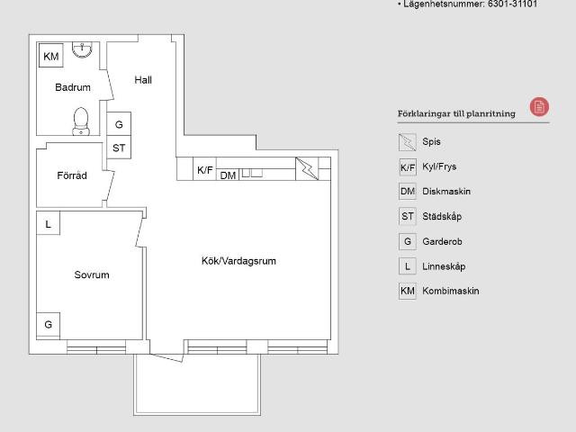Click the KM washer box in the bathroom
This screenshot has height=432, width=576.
[x=51, y=55]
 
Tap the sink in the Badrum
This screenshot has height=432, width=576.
[x=82, y=49]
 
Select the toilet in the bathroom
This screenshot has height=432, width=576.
[x=81, y=121]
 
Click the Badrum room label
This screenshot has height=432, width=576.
[x=73, y=87]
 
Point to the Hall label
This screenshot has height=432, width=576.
[x=143, y=80]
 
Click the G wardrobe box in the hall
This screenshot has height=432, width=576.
[x=119, y=124]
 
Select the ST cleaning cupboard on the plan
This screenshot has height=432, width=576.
[x=119, y=148]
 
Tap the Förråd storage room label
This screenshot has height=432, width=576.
[x=72, y=175]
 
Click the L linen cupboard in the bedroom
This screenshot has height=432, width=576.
[x=48, y=223]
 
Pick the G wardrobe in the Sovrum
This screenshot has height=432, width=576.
[x=48, y=324]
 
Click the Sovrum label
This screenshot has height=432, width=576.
[x=92, y=274]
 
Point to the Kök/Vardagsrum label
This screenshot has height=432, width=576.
[x=238, y=261]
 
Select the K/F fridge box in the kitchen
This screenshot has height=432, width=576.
[x=204, y=169]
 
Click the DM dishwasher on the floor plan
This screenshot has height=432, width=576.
[x=228, y=175]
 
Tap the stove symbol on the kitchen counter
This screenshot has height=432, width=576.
[x=307, y=168]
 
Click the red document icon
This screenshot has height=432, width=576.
[x=539, y=107]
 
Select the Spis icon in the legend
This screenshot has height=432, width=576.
[x=408, y=142]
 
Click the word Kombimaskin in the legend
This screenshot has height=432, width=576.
[x=451, y=291]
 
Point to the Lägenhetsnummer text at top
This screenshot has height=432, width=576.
[x=467, y=4]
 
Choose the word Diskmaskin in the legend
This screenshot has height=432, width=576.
[x=446, y=192]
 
